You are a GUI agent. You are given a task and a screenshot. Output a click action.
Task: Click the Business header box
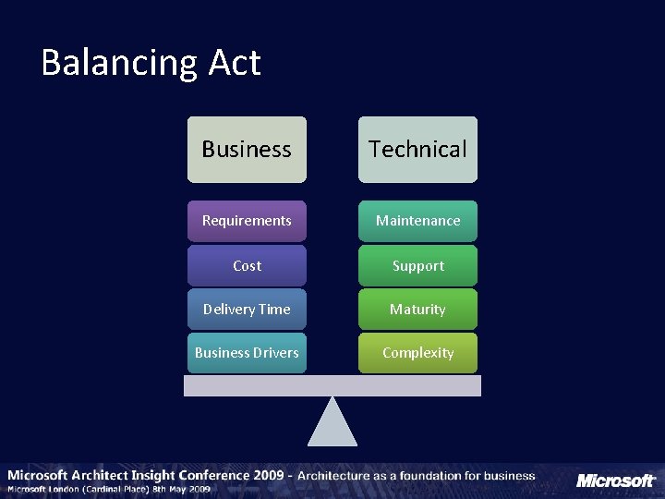click(x=247, y=149)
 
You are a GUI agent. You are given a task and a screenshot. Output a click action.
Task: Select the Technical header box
click(x=417, y=149)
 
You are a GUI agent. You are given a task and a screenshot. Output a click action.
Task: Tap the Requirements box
click(x=247, y=221)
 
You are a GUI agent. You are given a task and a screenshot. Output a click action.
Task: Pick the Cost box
click(x=247, y=265)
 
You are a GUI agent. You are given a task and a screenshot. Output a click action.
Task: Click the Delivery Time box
click(x=247, y=309)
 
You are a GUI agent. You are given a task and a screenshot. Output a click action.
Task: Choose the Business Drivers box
click(x=247, y=353)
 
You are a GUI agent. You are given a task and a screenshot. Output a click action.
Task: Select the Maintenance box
click(x=417, y=221)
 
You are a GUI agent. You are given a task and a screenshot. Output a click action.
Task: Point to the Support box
click(x=417, y=265)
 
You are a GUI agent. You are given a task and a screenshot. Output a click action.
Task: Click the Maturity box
click(x=417, y=309)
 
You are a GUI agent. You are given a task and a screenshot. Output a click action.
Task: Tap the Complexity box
click(x=417, y=353)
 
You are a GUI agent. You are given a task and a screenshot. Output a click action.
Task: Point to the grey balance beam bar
click(x=332, y=385)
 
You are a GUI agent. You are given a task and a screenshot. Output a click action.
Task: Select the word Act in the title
click(x=235, y=63)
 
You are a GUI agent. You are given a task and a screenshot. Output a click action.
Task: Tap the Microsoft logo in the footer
click(x=615, y=481)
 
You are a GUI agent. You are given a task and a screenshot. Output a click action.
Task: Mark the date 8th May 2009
click(x=189, y=489)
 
